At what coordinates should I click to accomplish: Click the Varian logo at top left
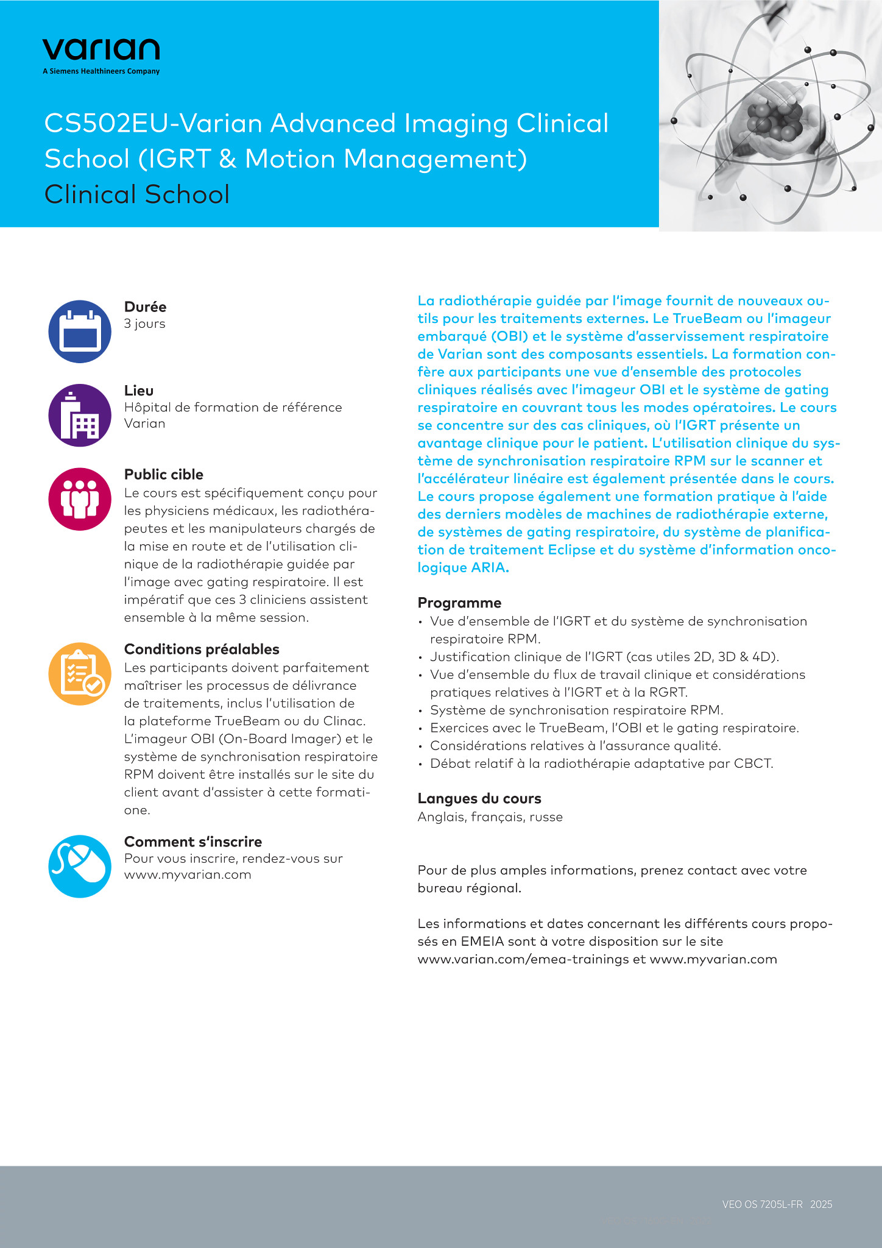(101, 49)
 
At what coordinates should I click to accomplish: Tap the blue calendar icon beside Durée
(80, 331)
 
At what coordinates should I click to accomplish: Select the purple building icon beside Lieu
(80, 415)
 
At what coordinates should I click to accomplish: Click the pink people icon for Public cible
(80, 498)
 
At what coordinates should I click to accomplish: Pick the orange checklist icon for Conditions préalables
(80, 673)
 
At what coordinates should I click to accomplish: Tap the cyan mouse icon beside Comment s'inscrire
(80, 866)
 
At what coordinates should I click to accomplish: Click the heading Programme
(459, 603)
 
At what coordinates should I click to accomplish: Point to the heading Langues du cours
(479, 798)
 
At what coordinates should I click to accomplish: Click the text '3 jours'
(144, 324)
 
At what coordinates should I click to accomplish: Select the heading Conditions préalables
(202, 649)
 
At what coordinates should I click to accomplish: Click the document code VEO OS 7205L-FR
(762, 1204)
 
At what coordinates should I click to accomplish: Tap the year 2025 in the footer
(821, 1204)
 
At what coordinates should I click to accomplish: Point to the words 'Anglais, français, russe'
(490, 817)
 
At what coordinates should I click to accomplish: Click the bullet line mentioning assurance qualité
(575, 745)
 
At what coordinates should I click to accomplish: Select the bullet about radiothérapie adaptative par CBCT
(601, 763)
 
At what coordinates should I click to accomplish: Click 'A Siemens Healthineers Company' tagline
(101, 71)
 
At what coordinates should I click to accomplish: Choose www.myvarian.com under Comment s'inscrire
(188, 874)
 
